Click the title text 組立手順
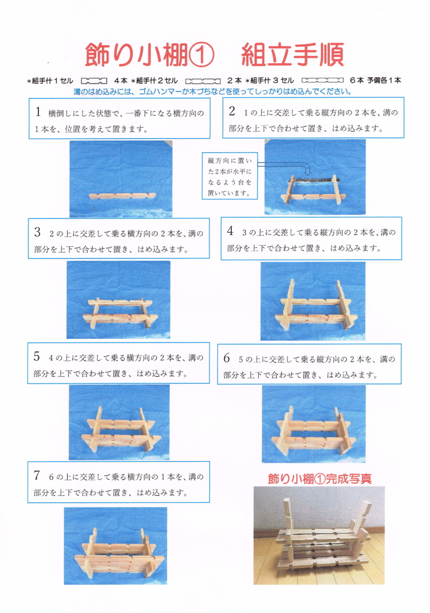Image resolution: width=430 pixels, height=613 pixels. point(292,54)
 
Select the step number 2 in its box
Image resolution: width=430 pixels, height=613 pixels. point(232,111)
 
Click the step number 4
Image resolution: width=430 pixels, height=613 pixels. point(230,230)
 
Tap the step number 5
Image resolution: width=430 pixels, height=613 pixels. point(37,356)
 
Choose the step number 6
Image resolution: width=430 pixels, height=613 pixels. point(227,358)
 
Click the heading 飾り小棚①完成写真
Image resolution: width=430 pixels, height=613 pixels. point(319,478)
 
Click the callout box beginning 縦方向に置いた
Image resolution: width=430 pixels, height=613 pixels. point(229,176)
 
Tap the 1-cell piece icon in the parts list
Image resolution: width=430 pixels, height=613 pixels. point(94,80)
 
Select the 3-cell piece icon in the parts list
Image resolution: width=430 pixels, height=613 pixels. point(322,80)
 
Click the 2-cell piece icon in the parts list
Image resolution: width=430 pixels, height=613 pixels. point(202,80)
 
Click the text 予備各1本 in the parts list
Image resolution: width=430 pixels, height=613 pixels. point(385,80)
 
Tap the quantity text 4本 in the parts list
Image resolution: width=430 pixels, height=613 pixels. point(121,80)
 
